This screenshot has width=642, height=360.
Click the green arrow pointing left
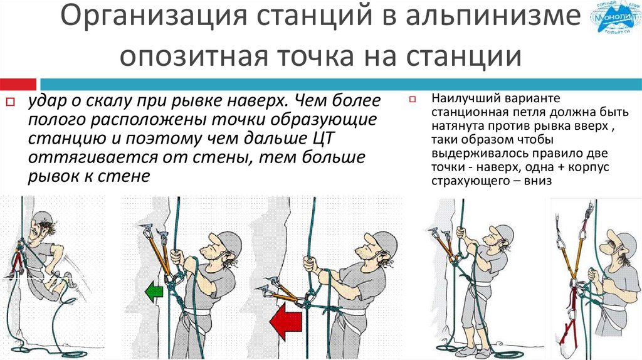click(x=154, y=292)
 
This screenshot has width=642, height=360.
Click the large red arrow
click(x=286, y=320)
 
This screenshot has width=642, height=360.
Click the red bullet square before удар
click(x=10, y=102)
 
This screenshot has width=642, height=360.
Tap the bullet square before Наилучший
click(x=413, y=99)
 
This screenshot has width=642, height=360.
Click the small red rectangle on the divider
click(x=18, y=85)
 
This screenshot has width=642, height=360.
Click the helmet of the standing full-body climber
click(x=503, y=232)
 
